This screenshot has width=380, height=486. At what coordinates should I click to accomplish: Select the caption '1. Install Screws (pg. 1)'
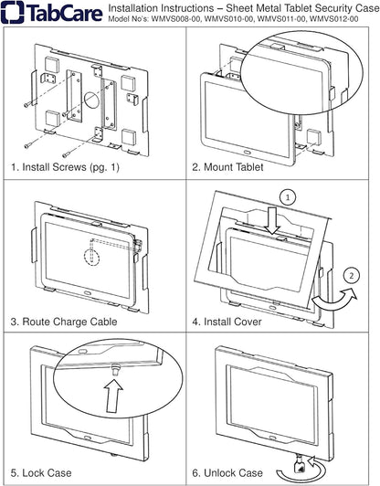click(x=69, y=168)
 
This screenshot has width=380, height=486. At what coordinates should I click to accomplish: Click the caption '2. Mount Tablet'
click(x=227, y=168)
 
